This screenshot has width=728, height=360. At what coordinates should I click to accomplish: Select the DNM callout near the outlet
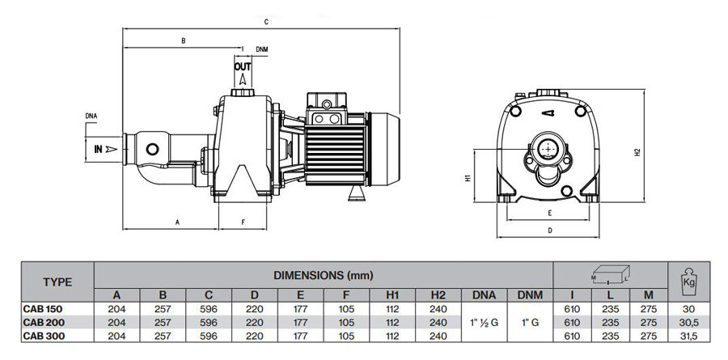(x=261, y=49)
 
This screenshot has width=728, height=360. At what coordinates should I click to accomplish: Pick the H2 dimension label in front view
(x=637, y=151)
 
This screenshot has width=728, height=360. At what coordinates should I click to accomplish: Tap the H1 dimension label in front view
(x=469, y=179)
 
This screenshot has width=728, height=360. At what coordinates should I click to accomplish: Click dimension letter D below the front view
(x=549, y=231)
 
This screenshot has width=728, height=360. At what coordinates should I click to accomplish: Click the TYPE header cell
(x=57, y=282)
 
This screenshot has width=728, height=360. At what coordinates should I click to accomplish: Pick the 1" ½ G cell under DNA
(x=484, y=322)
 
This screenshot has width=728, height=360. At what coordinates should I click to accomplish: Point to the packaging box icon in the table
(x=610, y=274)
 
